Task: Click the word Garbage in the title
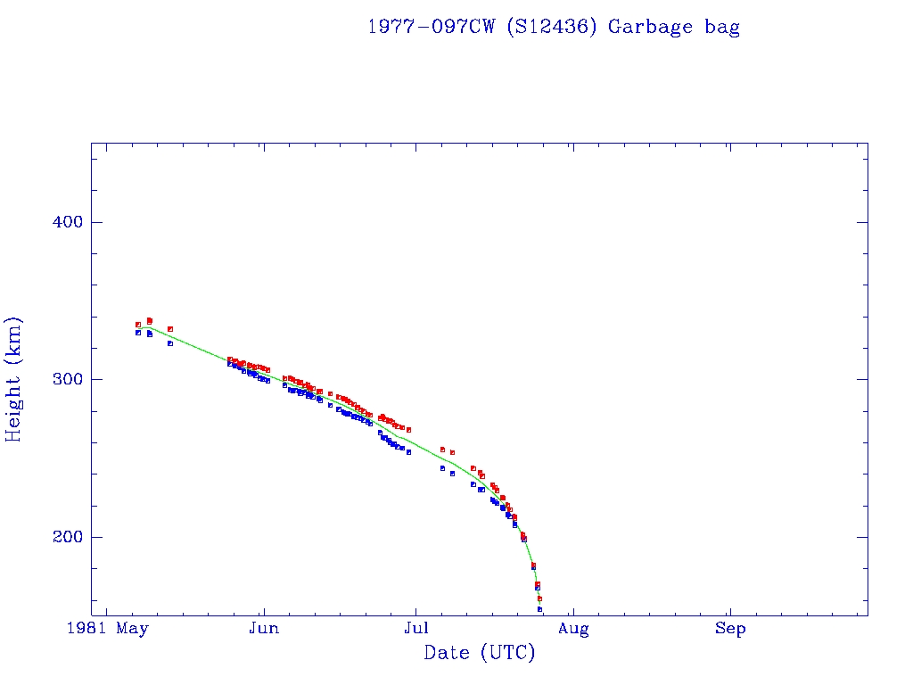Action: tap(648, 27)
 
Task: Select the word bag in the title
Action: tap(721, 28)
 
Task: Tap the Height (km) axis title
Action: tap(14, 379)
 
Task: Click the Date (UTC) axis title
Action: tap(480, 654)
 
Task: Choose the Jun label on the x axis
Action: tap(263, 629)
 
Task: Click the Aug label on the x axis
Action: tap(573, 629)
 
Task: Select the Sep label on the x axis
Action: tap(730, 629)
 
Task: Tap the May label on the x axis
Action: tap(133, 629)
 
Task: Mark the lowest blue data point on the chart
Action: tap(539, 609)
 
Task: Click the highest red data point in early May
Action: tap(149, 320)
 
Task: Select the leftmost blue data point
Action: tap(138, 333)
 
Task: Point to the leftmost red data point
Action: tap(138, 325)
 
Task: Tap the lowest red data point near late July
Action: tap(539, 598)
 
